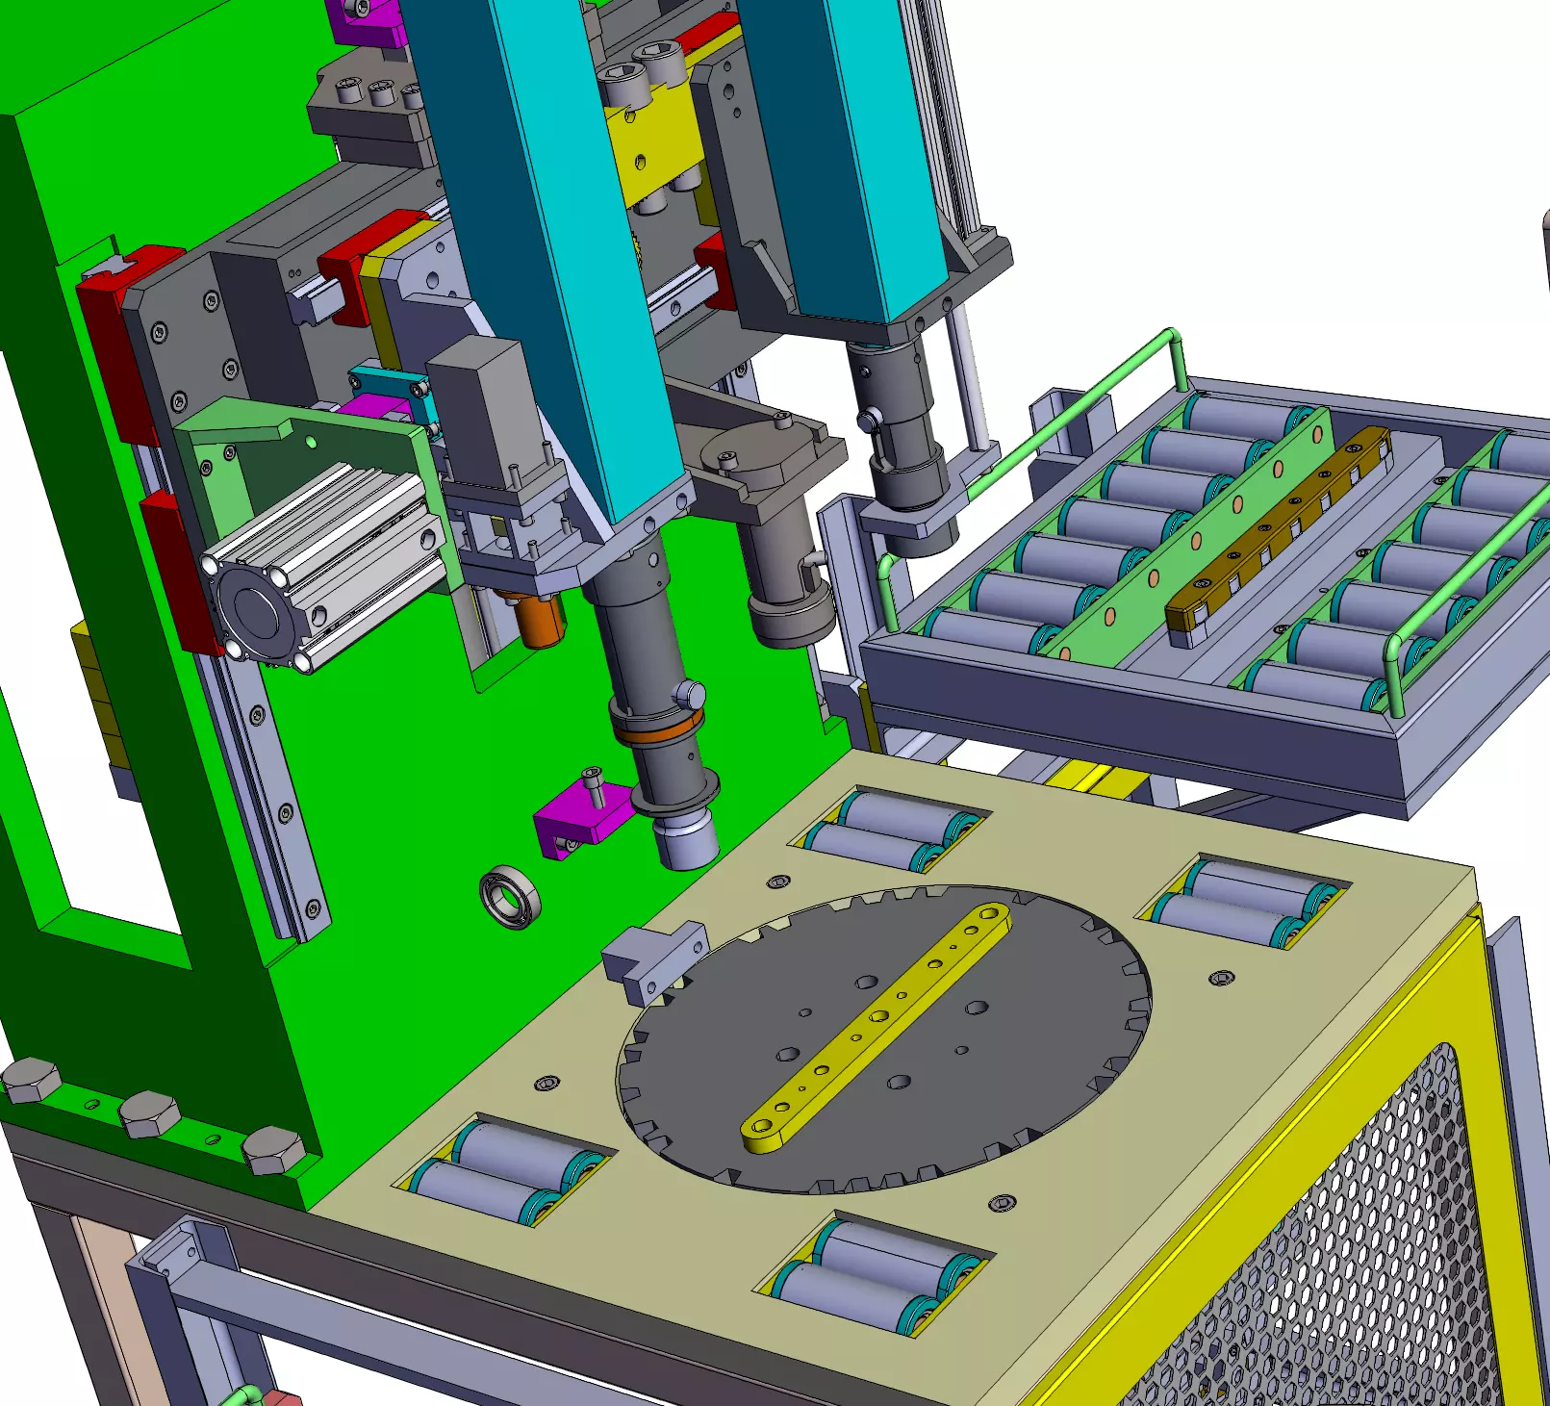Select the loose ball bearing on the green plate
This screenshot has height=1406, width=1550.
(x=509, y=897)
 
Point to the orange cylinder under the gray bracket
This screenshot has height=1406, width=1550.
(x=539, y=621)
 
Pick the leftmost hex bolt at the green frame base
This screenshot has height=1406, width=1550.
(x=29, y=1080)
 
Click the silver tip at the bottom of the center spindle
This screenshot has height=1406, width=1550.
(x=686, y=842)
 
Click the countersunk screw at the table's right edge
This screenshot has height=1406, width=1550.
(x=1221, y=978)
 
